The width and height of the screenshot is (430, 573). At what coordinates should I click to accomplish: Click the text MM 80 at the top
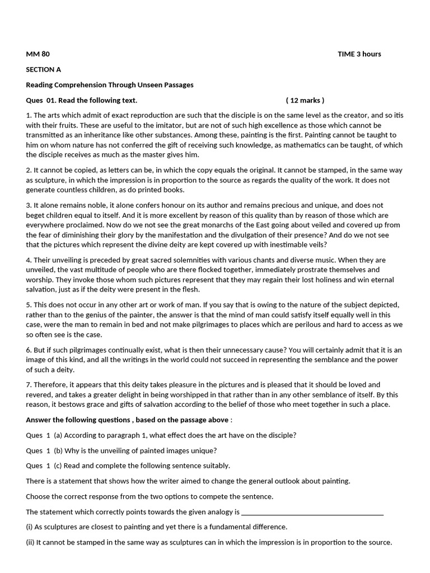click(x=38, y=54)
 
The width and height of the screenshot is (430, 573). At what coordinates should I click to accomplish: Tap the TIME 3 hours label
click(x=359, y=54)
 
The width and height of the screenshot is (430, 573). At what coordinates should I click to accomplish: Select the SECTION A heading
click(x=44, y=69)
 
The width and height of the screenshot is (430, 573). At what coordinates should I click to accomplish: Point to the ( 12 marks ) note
click(x=305, y=100)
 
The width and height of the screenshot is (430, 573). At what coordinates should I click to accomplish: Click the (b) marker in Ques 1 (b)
click(x=59, y=450)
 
